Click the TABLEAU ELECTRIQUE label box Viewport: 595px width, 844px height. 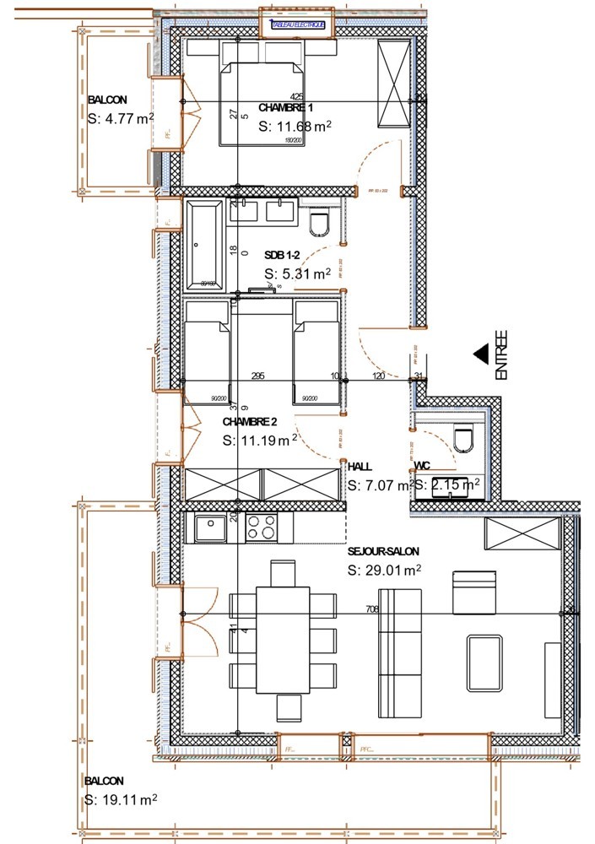coord(297,25)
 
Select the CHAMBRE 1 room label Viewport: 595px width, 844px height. coord(285,108)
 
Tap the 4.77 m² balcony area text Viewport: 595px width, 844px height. coord(121,118)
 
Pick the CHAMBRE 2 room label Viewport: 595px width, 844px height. coord(250,421)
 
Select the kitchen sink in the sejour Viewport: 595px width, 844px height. coord(208,528)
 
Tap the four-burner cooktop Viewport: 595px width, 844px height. coord(262,528)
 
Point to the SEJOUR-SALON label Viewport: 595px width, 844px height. coord(383,551)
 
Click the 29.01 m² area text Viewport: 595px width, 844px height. coord(385,571)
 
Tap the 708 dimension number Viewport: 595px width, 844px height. coord(372,609)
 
